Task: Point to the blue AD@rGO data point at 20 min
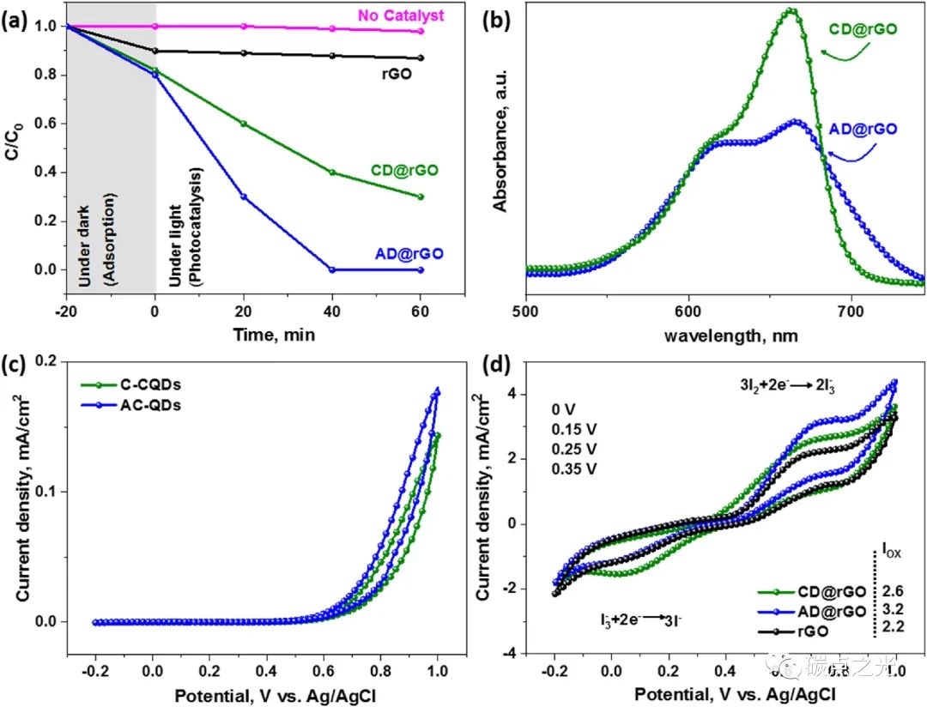point(245,196)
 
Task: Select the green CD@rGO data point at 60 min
point(421,196)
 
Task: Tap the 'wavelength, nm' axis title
point(730,335)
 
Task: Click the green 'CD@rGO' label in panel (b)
point(863,29)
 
